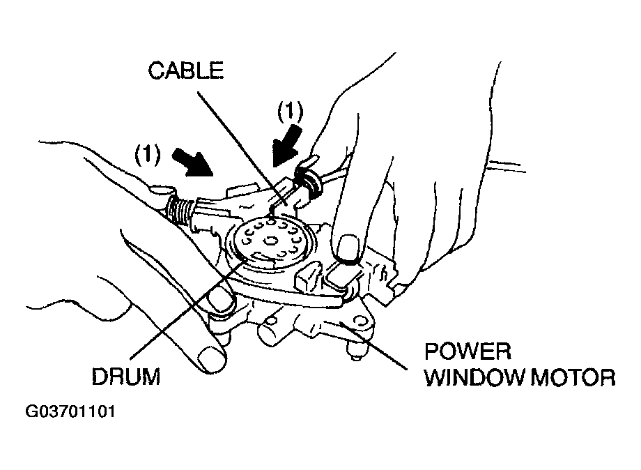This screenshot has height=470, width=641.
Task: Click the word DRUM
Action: tap(127, 377)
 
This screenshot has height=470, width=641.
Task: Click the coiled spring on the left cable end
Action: tap(180, 208)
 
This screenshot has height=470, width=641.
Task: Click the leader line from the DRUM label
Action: tap(188, 307)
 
